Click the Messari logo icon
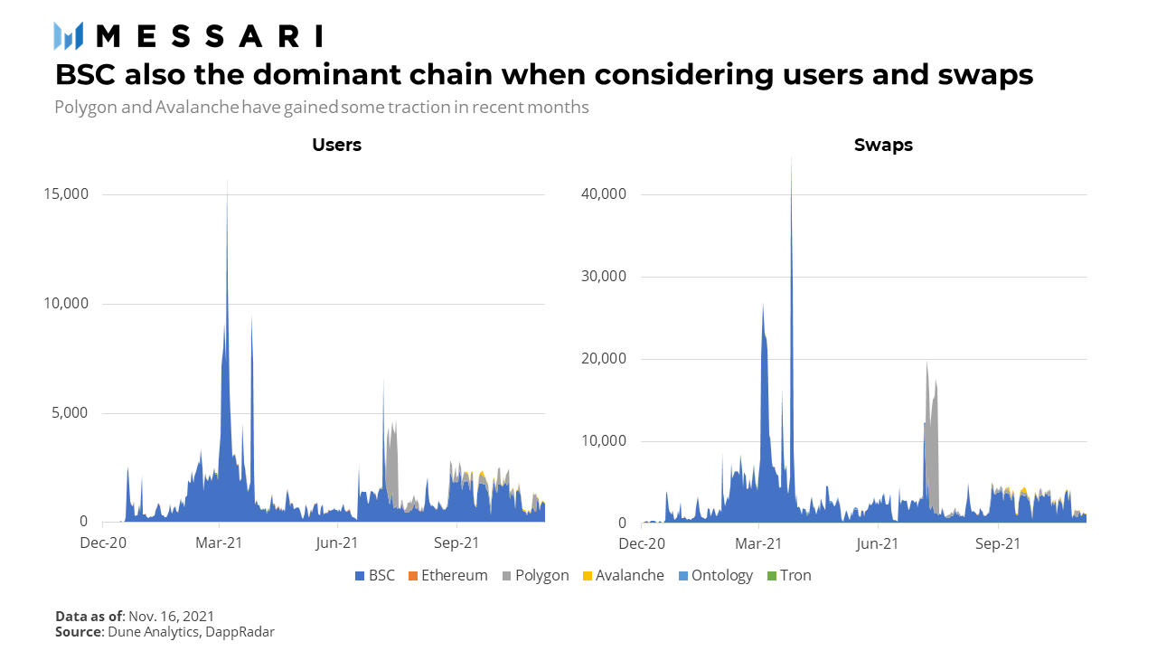pyautogui.click(x=69, y=35)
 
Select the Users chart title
pyautogui.click(x=336, y=145)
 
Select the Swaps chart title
pyautogui.click(x=883, y=145)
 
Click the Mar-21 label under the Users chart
pyautogui.click(x=220, y=543)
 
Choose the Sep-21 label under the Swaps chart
pyautogui.click(x=999, y=544)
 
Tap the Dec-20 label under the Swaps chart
pyautogui.click(x=643, y=544)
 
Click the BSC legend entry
pyautogui.click(x=374, y=575)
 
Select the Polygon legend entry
pyautogui.click(x=534, y=575)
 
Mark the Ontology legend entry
pyautogui.click(x=714, y=575)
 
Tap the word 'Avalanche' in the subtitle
pyautogui.click(x=197, y=108)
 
